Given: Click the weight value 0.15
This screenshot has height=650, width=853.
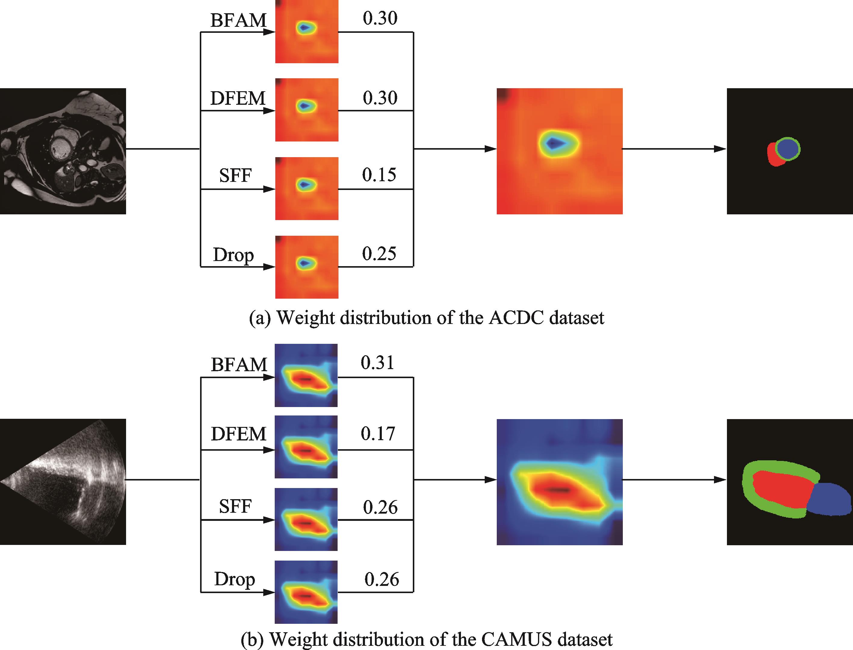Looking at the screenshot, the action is pos(379,175).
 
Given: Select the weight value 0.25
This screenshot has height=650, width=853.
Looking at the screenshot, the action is pos(379,254).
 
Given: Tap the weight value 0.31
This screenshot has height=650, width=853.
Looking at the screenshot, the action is pos(377,363).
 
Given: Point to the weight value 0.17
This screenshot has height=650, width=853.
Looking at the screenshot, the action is pos(378,434).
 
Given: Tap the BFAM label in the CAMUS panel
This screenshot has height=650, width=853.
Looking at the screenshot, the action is pos(239,365).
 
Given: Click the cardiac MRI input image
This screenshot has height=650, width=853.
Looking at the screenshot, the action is pos(63,151).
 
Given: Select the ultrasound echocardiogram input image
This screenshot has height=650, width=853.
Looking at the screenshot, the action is pos(63,482).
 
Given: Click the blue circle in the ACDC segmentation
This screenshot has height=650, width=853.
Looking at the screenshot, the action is pos(788,149).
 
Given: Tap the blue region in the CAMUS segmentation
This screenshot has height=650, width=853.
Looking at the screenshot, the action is pos(830,499).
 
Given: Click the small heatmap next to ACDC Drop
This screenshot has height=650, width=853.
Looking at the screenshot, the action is pos(307,267).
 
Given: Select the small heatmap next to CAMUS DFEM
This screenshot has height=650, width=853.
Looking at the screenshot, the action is pos(306,447).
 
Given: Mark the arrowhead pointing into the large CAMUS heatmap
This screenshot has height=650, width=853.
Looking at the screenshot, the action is pos(490,480).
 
